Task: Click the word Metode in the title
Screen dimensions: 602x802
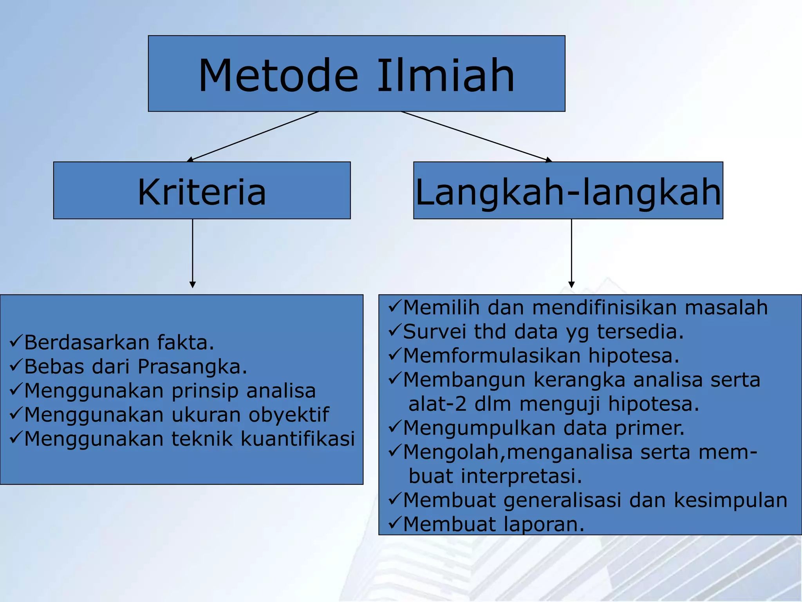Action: point(278,75)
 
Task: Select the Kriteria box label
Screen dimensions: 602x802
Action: point(202,192)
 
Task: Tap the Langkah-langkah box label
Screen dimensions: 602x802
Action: point(568,192)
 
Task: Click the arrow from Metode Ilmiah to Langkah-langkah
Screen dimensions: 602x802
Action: point(476,136)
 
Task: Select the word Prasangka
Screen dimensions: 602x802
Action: point(192,367)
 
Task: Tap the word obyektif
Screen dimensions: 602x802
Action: point(289,415)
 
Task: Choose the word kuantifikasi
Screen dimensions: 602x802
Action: point(297,439)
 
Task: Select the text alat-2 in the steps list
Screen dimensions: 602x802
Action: point(437,404)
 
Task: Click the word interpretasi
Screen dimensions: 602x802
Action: point(521,476)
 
